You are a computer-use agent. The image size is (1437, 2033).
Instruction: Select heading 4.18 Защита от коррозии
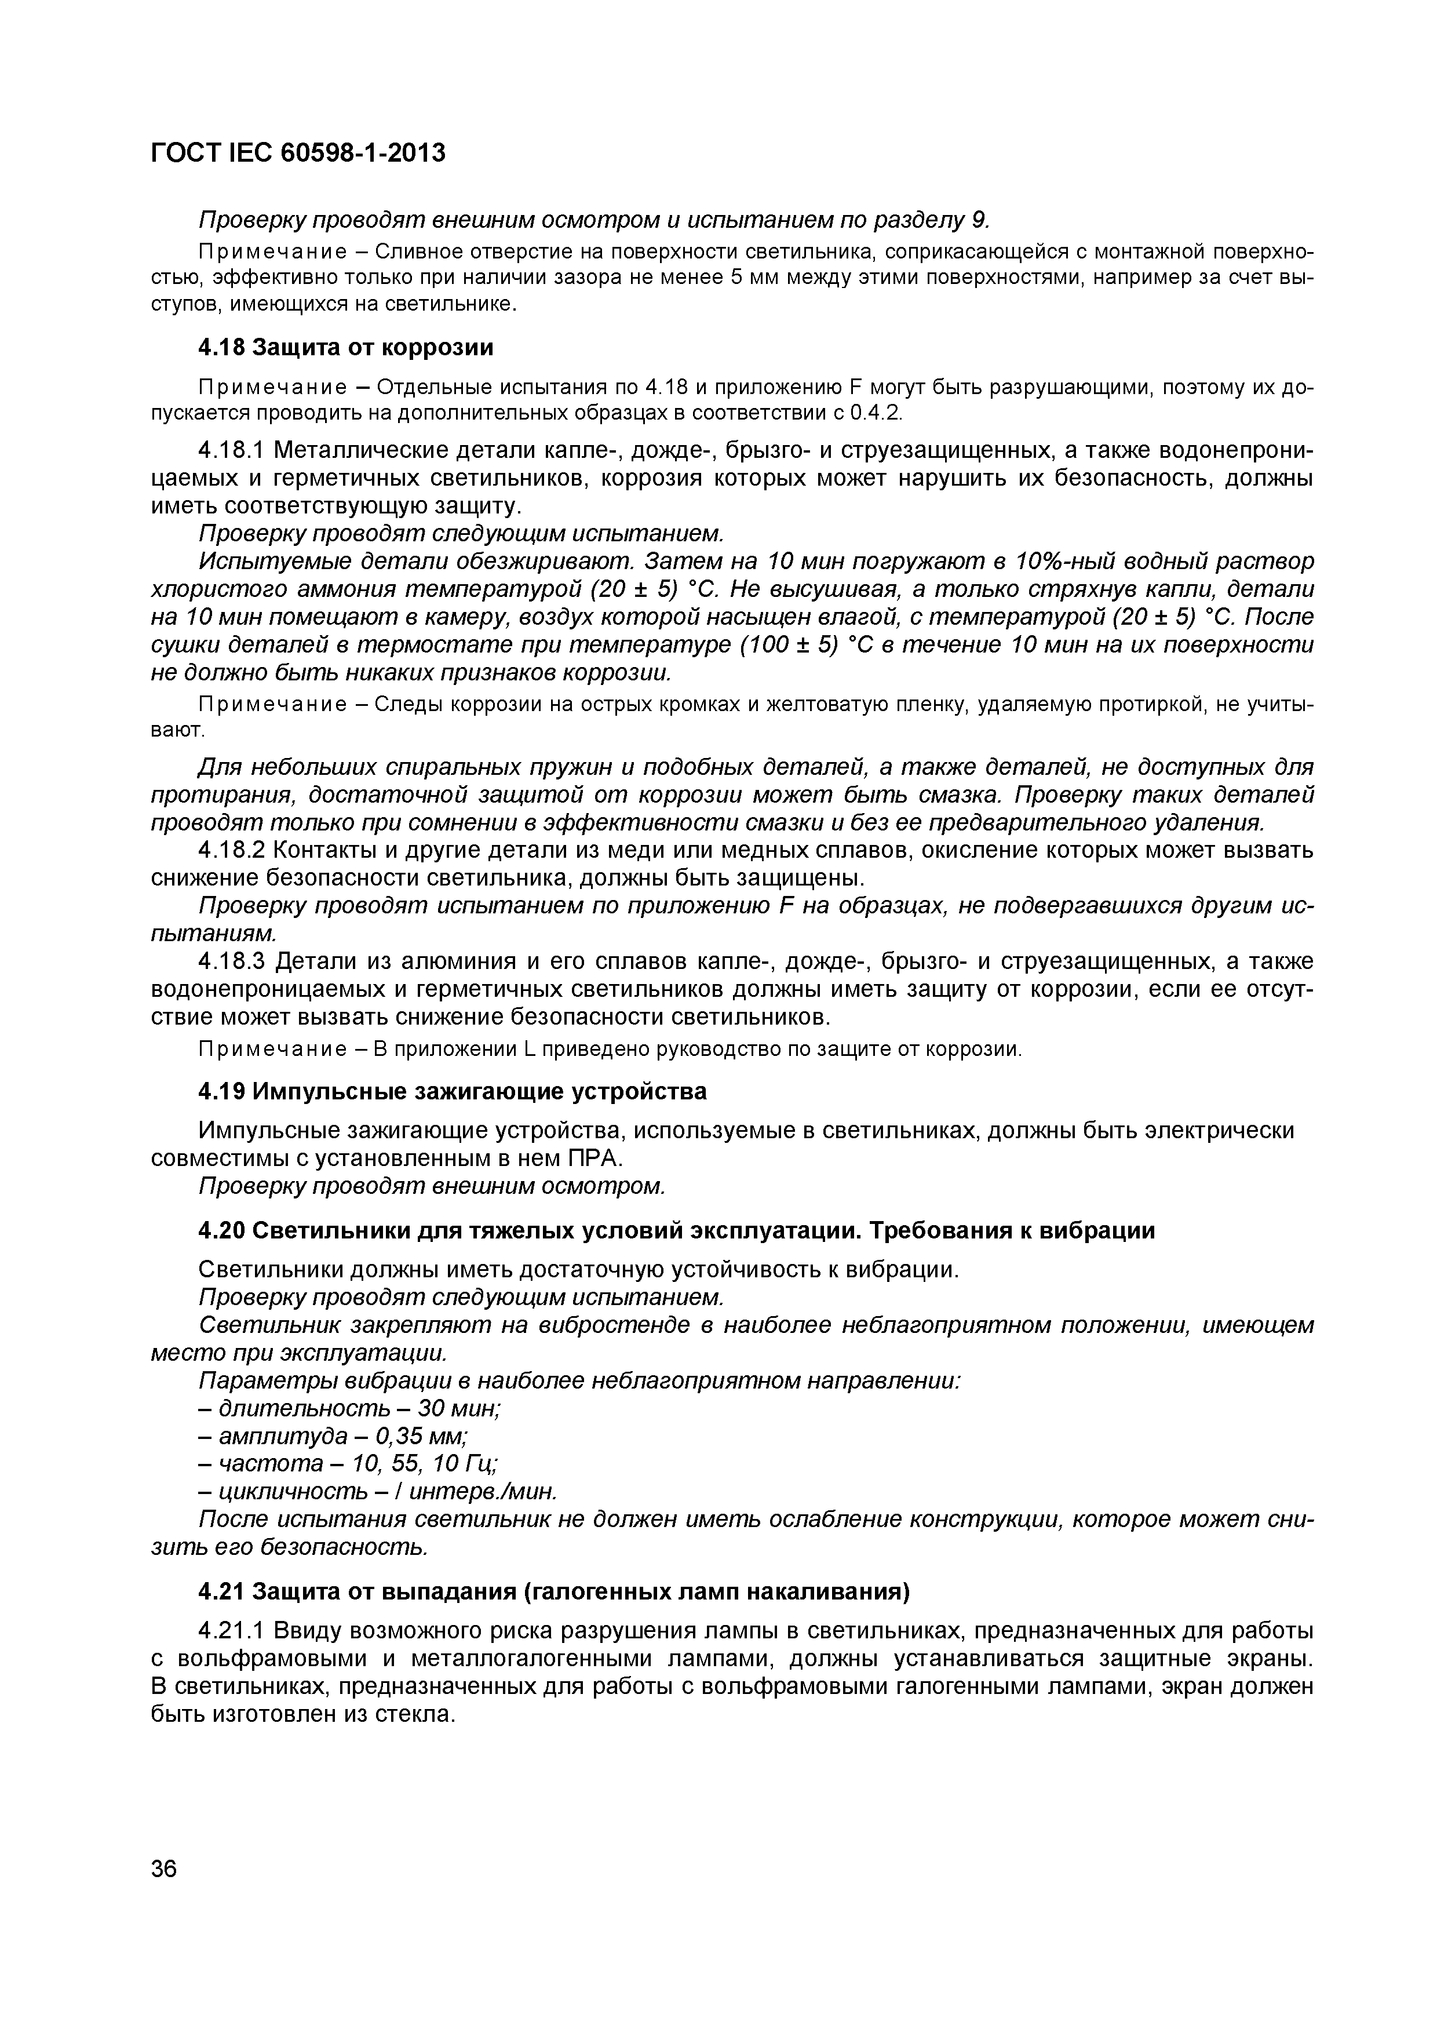click(x=345, y=348)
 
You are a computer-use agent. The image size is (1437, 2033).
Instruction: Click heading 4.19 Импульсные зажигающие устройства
click(x=453, y=1091)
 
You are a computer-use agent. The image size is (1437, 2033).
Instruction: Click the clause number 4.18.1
click(x=231, y=451)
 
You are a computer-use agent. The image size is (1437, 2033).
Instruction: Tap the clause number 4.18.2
click(x=231, y=850)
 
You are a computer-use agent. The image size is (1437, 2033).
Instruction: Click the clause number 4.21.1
click(x=231, y=1631)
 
